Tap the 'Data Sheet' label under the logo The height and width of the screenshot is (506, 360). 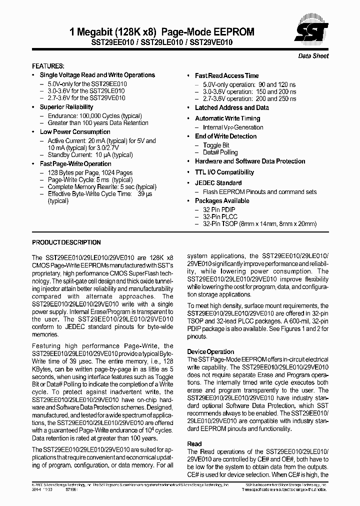pos(313,56)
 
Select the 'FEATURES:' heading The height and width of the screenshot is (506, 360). pos(48,66)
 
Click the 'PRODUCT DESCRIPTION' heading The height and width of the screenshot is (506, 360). pos(66,242)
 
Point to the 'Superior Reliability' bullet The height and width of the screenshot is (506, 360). pos(66,107)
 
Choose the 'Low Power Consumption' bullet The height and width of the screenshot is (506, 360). pos(68,132)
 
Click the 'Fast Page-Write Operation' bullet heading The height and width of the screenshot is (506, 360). pos(75,164)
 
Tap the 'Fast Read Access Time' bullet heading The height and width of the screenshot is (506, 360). pos(226,75)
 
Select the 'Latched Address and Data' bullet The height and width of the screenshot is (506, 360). pos(231,107)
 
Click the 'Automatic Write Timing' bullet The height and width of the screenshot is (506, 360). pos(227,118)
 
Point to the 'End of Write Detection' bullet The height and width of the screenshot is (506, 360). pos(225,136)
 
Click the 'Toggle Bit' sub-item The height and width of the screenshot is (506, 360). pos(216,145)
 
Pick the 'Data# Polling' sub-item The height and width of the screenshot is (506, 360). pos(220,152)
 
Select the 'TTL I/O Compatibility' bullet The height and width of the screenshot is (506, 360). pos(224,172)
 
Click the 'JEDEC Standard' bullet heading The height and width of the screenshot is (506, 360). pos(218,183)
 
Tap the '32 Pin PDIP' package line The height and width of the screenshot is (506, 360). pos(219,209)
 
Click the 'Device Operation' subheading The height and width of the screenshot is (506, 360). pos(210,351)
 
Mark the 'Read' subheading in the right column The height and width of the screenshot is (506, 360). pos(194,443)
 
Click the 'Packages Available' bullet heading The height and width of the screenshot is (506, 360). pos(222,201)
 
